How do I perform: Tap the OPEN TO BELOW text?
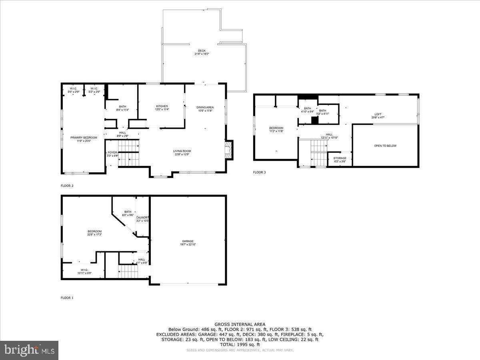pos(385,146)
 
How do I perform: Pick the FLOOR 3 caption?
pos(259,172)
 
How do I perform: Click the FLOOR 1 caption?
pos(67,298)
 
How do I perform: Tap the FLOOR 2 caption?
pos(67,186)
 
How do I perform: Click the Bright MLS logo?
pos(29,350)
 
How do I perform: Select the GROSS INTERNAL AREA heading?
pos(240,324)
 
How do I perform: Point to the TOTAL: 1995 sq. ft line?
pos(240,344)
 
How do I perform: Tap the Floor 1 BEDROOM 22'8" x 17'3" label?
pos(94,233)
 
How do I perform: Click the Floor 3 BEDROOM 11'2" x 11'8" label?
pos(276,130)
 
